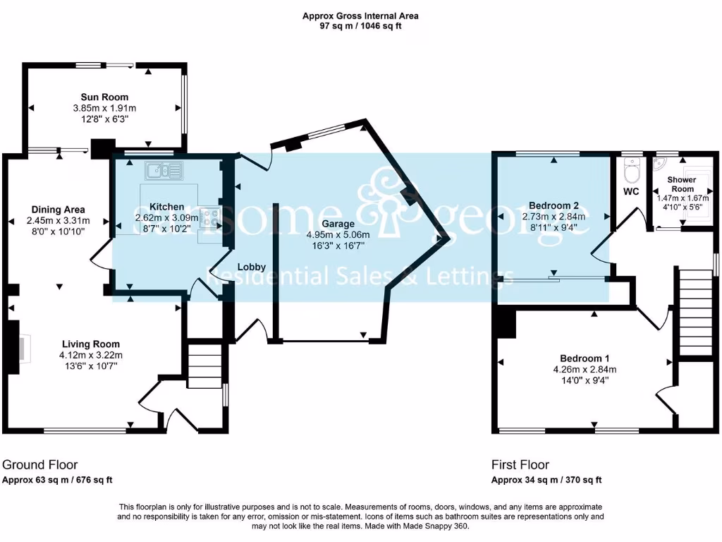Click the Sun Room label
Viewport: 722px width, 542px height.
coord(104,97)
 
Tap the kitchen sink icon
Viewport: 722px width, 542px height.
coord(163,169)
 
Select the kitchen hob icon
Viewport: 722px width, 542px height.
coord(209,217)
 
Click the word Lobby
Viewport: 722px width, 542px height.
coord(251,267)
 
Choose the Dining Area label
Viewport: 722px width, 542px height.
coord(58,209)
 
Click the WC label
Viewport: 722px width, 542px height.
coord(631,191)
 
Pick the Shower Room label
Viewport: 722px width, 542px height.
coord(682,184)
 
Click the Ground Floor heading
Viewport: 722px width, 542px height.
coord(40,464)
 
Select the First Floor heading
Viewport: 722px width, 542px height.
coord(520,464)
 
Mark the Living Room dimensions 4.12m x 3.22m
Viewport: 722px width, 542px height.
coord(91,355)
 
